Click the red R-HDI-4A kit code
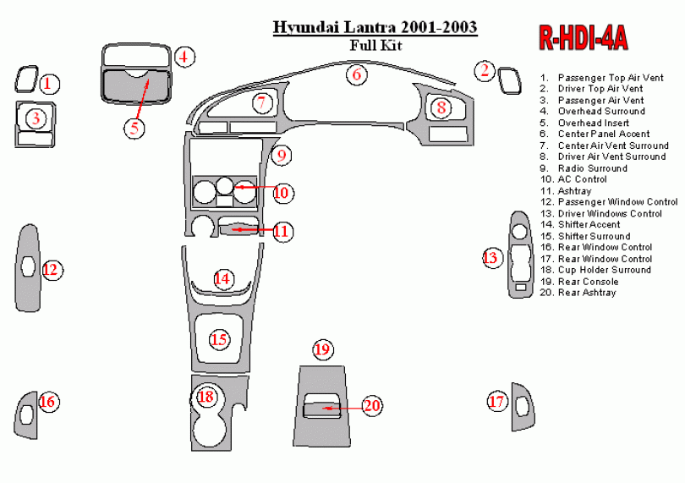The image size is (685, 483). pyautogui.click(x=582, y=38)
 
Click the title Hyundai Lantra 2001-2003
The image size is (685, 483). pyautogui.click(x=375, y=27)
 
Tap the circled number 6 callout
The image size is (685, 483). pyautogui.click(x=357, y=74)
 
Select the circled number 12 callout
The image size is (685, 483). pyautogui.click(x=51, y=270)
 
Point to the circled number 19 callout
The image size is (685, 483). pyautogui.click(x=322, y=349)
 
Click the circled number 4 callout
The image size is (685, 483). pyautogui.click(x=185, y=58)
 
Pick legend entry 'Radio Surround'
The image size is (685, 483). pyautogui.click(x=592, y=168)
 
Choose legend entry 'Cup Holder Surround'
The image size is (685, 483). pyautogui.click(x=604, y=270)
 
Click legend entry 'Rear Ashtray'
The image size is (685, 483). pyautogui.click(x=586, y=293)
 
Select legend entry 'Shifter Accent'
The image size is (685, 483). pyautogui.click(x=589, y=225)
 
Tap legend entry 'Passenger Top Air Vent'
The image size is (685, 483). pyautogui.click(x=610, y=78)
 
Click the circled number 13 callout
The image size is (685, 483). pyautogui.click(x=491, y=258)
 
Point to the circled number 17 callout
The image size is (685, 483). pyautogui.click(x=496, y=402)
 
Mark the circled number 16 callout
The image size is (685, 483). pyautogui.click(x=48, y=402)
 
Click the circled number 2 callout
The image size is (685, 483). pyautogui.click(x=485, y=71)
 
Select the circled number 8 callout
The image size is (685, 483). pyautogui.click(x=441, y=107)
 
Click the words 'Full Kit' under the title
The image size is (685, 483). pyautogui.click(x=375, y=46)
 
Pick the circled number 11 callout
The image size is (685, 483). pyautogui.click(x=282, y=231)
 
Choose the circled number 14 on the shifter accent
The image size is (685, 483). pyautogui.click(x=222, y=278)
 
